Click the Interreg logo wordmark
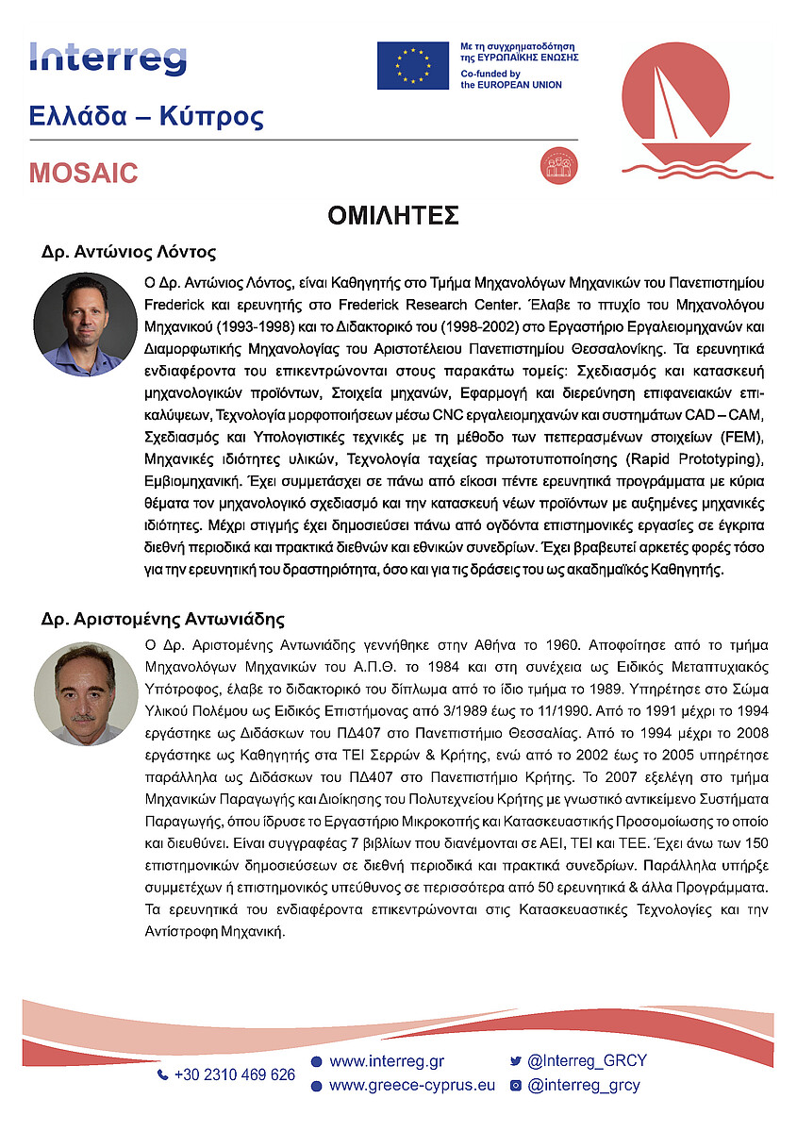pyautogui.click(x=108, y=59)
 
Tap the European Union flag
pyautogui.click(x=412, y=65)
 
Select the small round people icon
pyautogui.click(x=553, y=165)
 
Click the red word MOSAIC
pyautogui.click(x=83, y=174)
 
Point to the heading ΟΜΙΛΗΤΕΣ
pyautogui.click(x=393, y=216)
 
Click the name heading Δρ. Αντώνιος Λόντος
pyautogui.click(x=129, y=253)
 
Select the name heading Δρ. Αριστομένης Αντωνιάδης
pyautogui.click(x=163, y=620)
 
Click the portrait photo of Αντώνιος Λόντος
pyautogui.click(x=86, y=325)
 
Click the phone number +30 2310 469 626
pyautogui.click(x=234, y=1074)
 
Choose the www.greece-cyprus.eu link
pyautogui.click(x=411, y=1085)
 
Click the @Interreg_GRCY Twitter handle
pyautogui.click(x=587, y=1061)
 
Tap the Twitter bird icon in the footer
pyautogui.click(x=516, y=1061)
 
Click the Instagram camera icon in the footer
pyautogui.click(x=516, y=1086)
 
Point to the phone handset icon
pyautogui.click(x=162, y=1074)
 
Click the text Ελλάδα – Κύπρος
pyautogui.click(x=146, y=118)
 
